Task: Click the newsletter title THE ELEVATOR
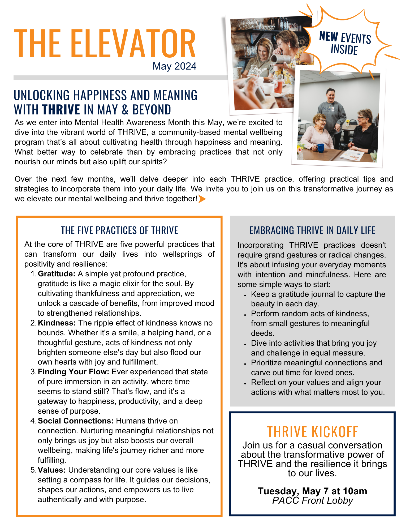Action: tap(105, 44)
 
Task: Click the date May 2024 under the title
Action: tap(174, 66)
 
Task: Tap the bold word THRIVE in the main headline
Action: tap(61, 110)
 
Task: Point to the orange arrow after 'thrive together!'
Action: tap(202, 199)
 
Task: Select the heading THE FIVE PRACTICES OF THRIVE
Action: tap(119, 230)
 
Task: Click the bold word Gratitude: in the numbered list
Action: tap(57, 274)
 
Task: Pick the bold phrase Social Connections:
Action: tap(76, 421)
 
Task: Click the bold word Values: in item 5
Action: tap(52, 470)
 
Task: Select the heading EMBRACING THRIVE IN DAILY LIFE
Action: tap(312, 230)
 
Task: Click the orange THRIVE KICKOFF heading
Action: tap(312, 432)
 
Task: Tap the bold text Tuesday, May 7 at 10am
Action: tap(312, 491)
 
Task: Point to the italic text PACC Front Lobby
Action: tap(312, 500)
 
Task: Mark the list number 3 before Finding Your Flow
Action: tap(33, 372)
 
